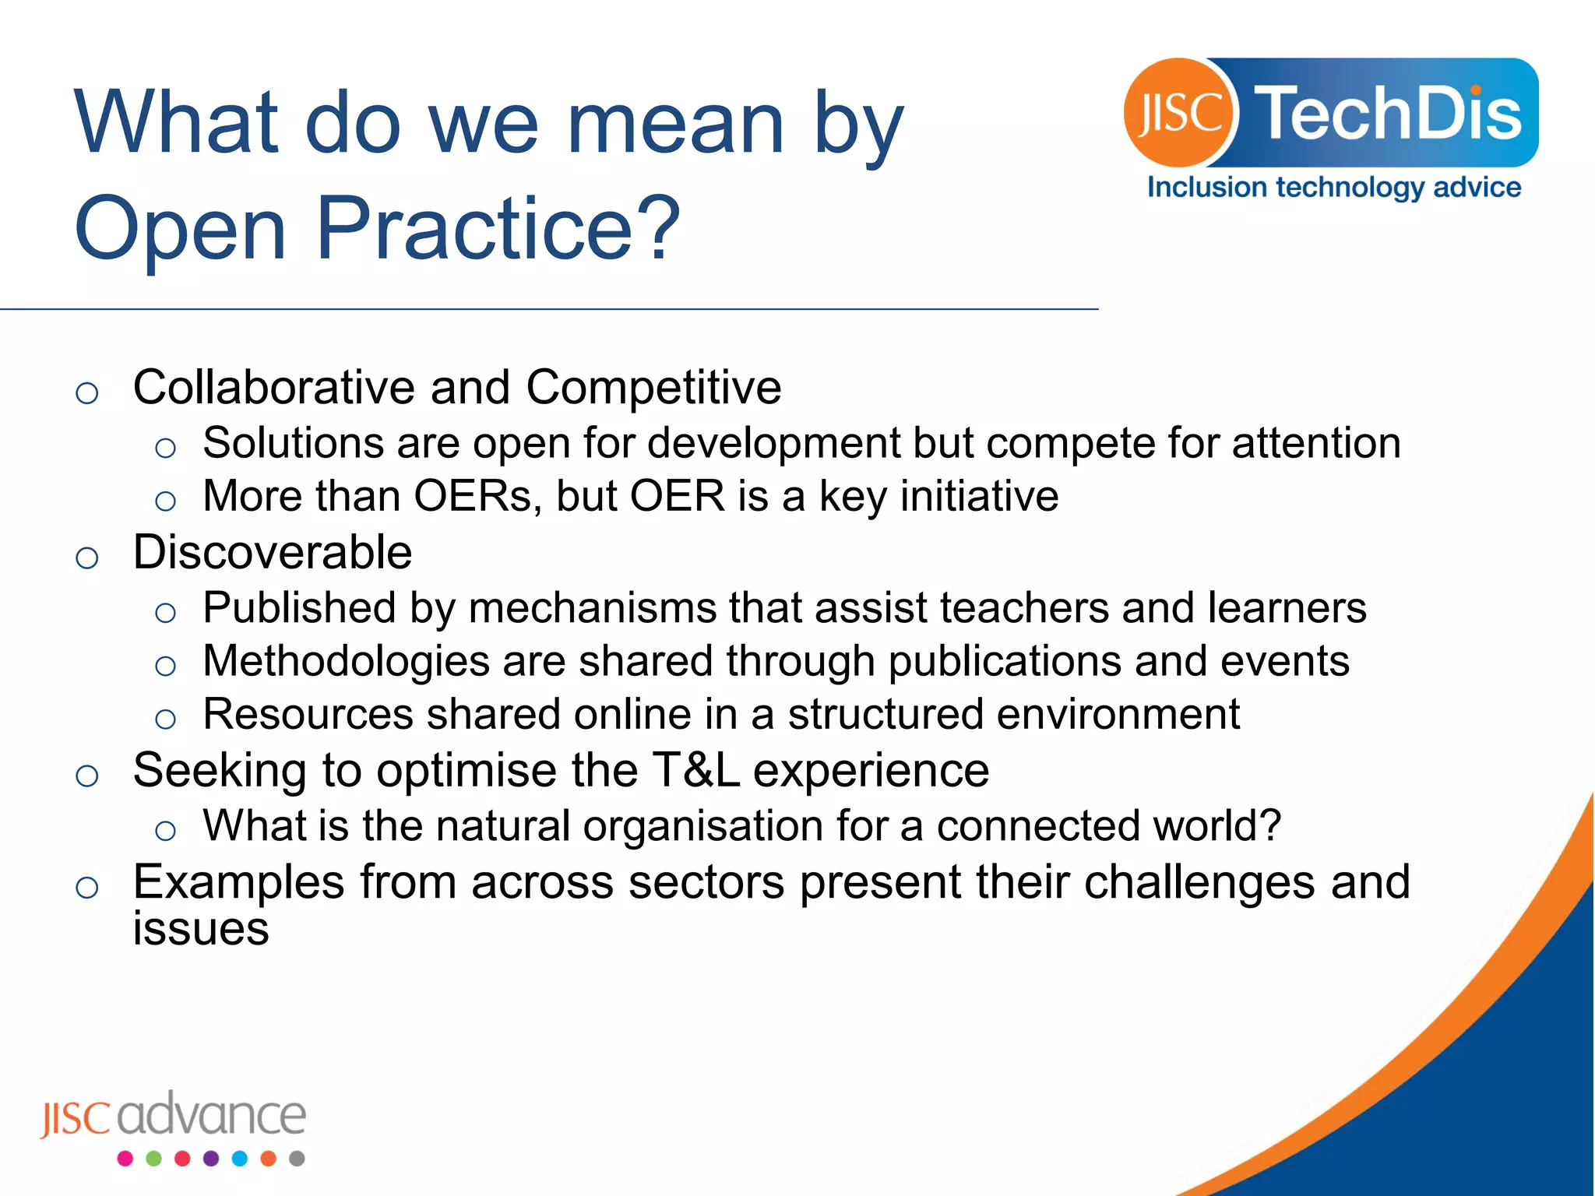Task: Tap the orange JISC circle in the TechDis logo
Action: [1178, 113]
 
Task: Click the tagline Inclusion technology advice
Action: [1334, 188]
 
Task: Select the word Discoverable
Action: [273, 552]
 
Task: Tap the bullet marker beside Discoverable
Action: [87, 558]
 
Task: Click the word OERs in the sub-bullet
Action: [472, 496]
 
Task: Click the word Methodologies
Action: [346, 662]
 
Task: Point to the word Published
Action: [299, 608]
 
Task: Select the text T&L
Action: [696, 770]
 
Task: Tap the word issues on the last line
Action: [201, 929]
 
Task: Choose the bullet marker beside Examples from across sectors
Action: [87, 887]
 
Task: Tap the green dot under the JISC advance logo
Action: [153, 1159]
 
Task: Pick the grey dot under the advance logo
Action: [297, 1159]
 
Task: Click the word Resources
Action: [308, 715]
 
